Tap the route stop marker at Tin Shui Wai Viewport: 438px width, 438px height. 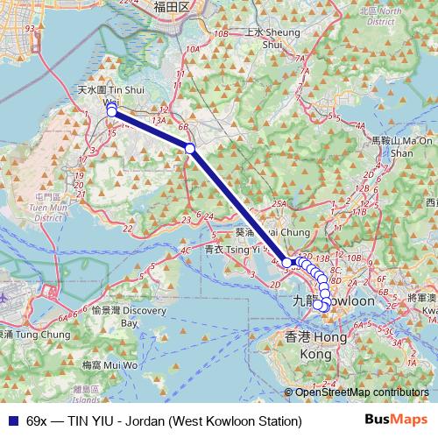pyautogui.click(x=112, y=111)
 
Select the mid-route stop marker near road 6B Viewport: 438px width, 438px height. pyautogui.click(x=190, y=149)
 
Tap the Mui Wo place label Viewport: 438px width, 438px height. pyautogui.click(x=102, y=364)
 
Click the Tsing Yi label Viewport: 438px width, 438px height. pyautogui.click(x=226, y=249)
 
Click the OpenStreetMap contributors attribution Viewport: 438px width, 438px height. pyautogui.click(x=362, y=392)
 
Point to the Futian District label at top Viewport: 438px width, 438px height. pyautogui.click(x=172, y=7)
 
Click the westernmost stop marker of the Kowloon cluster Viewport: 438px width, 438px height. pyautogui.click(x=286, y=262)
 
